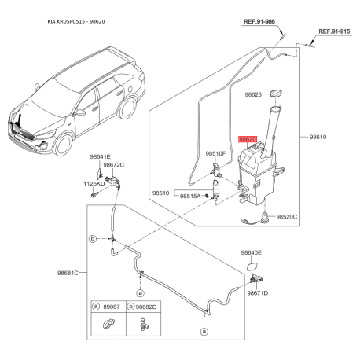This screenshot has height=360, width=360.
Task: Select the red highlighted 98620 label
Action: tap(248, 138)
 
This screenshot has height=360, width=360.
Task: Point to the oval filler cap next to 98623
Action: tap(277, 95)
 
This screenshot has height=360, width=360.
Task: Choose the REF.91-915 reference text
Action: tap(334, 31)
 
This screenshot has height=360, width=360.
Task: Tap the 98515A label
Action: tap(192, 196)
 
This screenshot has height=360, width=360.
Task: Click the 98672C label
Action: tap(114, 165)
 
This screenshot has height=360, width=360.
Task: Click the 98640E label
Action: tap(252, 252)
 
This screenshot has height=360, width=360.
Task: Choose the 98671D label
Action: tap(257, 292)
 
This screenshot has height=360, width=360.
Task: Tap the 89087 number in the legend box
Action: tap(112, 307)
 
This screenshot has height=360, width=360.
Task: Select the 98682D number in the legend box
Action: tap(146, 307)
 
